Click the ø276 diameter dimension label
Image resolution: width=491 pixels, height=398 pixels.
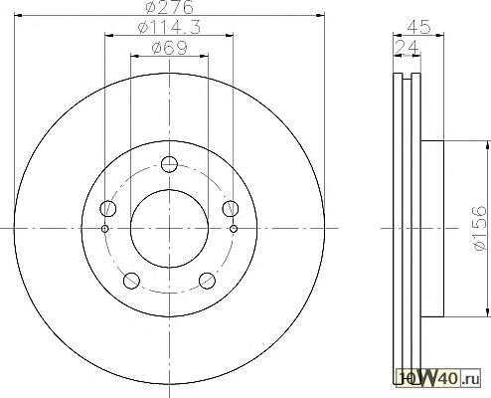point(169,7)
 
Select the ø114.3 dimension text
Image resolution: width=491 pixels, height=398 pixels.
point(169,27)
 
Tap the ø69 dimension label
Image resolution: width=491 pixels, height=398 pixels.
point(169,48)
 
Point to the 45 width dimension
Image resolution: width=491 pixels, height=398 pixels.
point(418,27)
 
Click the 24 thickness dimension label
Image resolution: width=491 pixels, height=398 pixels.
point(408,47)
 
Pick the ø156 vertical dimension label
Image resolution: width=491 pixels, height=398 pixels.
point(480,228)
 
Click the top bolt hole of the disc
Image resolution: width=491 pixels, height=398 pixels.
point(169,164)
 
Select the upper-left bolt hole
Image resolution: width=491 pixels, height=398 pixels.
point(108,209)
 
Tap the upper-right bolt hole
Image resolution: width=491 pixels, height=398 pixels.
point(231,209)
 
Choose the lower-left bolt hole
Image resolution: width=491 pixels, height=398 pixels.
point(131,281)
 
